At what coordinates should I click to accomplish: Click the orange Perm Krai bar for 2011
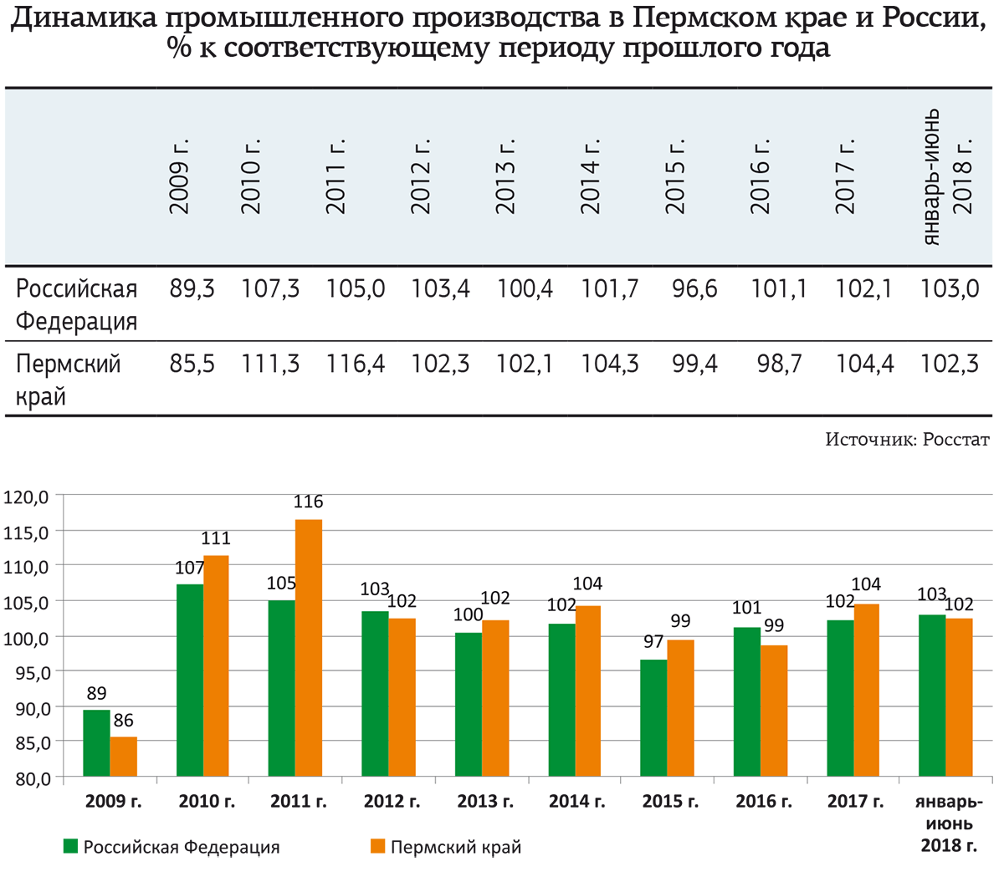[x=309, y=648]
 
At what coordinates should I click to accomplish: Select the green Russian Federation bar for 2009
[x=96, y=743]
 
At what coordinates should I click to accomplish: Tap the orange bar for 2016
[x=774, y=711]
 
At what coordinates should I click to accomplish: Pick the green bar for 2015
[x=653, y=718]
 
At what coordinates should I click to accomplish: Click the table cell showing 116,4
[x=356, y=364]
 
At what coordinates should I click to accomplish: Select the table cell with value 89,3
[x=192, y=289]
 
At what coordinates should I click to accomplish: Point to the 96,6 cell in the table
[x=694, y=289]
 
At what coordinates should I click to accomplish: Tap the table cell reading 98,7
[x=779, y=364]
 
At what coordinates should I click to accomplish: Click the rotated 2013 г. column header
[x=505, y=176]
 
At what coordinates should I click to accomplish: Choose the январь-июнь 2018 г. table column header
[x=948, y=176]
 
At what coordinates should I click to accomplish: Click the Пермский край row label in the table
[x=68, y=380]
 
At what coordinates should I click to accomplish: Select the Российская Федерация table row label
[x=76, y=304]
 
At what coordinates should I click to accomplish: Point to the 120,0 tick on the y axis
[x=28, y=497]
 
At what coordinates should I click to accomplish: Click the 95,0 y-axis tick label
[x=28, y=672]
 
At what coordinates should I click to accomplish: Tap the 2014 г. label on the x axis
[x=577, y=802]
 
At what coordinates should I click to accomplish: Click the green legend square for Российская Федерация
[x=71, y=846]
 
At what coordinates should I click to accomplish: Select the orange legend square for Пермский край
[x=378, y=846]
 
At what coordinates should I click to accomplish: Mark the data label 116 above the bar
[x=308, y=502]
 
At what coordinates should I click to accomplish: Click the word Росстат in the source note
[x=955, y=439]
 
